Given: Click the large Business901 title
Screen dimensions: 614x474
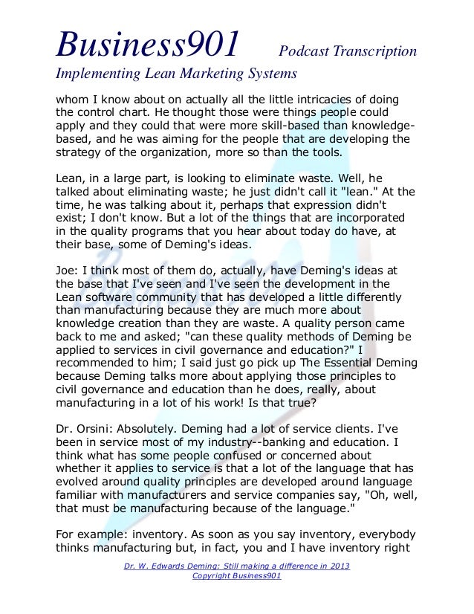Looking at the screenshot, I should (x=148, y=44).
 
